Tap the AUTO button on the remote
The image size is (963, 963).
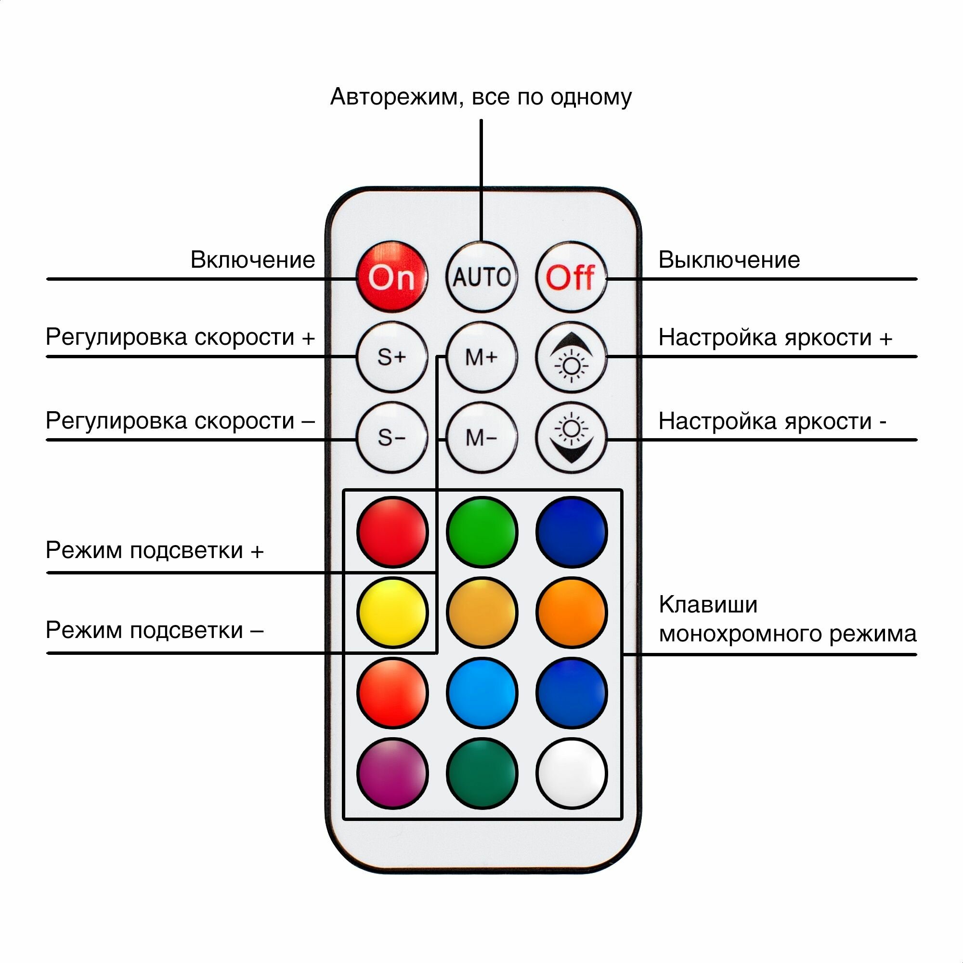[481, 277]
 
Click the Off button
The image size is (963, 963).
[571, 277]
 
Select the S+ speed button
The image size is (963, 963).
[392, 357]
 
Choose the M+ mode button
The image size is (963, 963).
[481, 357]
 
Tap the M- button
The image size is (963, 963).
[481, 438]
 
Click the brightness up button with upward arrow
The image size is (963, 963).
[571, 357]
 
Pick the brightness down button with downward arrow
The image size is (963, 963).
[571, 438]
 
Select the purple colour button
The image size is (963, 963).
[392, 773]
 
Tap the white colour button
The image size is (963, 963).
[571, 773]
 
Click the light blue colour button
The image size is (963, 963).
[481, 693]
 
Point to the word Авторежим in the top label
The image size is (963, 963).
[394, 97]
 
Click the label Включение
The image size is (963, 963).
[253, 260]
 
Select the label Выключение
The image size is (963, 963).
[729, 260]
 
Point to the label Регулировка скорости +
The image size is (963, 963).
[181, 338]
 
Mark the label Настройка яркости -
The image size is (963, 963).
[772, 421]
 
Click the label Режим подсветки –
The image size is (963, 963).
[155, 631]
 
